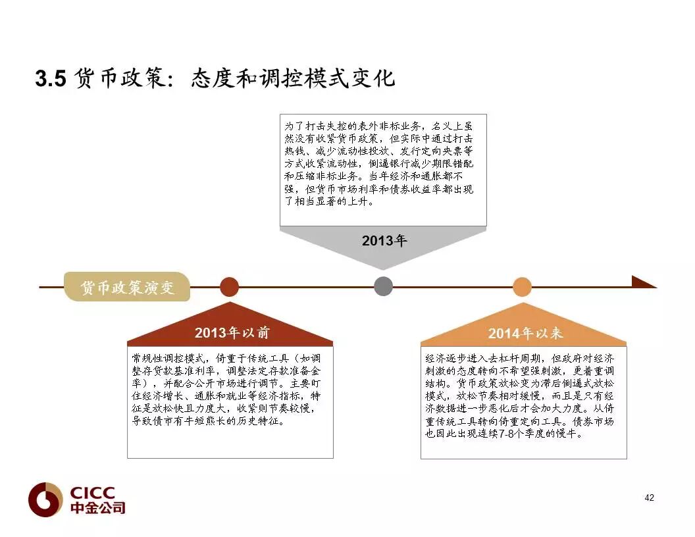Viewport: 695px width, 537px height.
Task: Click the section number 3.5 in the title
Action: (x=51, y=78)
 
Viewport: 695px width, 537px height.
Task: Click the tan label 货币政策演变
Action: (x=127, y=288)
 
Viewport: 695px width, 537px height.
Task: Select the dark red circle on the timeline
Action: (x=229, y=287)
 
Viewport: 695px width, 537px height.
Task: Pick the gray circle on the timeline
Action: (x=383, y=286)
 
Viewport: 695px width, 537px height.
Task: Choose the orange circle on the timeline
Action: (x=522, y=287)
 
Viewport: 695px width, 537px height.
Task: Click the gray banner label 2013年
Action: (x=384, y=241)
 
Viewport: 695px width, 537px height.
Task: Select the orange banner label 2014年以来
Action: (x=525, y=334)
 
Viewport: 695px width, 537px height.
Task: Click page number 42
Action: (x=649, y=498)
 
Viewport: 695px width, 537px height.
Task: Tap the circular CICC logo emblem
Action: (x=45, y=500)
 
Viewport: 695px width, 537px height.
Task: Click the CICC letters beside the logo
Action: (x=92, y=493)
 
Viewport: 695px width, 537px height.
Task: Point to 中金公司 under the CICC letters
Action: (x=97, y=508)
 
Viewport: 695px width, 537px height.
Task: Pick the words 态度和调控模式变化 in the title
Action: (x=293, y=78)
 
